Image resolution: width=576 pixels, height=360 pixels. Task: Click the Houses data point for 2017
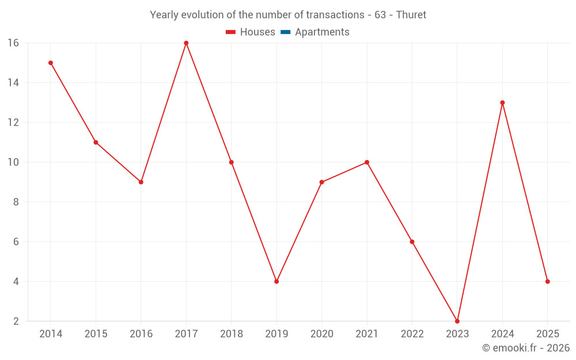(x=186, y=43)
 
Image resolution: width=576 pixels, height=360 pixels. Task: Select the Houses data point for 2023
(x=457, y=321)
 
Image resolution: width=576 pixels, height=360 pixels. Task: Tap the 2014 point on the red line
(x=51, y=63)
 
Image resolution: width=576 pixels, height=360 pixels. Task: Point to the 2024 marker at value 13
(x=502, y=103)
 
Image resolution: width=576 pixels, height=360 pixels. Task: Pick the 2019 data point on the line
(x=276, y=282)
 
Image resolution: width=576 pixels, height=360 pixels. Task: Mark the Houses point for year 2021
(x=367, y=162)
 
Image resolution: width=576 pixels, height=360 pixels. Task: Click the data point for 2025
(x=547, y=282)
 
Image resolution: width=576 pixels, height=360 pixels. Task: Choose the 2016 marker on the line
(x=141, y=182)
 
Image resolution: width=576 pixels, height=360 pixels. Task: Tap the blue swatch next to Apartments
(x=286, y=32)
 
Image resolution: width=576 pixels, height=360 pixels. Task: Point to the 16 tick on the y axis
(x=13, y=43)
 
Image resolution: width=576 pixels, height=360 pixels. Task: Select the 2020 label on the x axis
(x=321, y=334)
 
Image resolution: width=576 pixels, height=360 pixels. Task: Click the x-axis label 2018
(x=231, y=334)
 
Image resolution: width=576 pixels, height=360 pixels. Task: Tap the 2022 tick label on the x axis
(x=412, y=334)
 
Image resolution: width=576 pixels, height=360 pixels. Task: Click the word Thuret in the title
(x=411, y=15)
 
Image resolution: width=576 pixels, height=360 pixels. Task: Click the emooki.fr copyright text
(x=526, y=348)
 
